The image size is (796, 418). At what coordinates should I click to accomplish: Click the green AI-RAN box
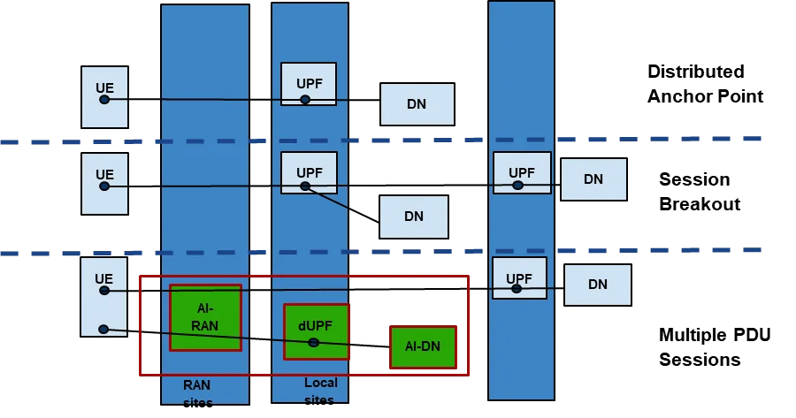(205, 317)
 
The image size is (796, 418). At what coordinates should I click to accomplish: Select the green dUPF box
(316, 331)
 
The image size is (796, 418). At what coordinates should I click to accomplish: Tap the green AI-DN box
(423, 346)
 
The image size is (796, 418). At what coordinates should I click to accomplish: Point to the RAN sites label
(197, 393)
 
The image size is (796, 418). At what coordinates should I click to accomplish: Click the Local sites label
(320, 391)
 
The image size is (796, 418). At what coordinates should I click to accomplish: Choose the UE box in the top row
(104, 96)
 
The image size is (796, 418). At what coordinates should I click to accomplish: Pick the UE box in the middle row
(104, 183)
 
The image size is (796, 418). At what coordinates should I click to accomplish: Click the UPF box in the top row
(309, 84)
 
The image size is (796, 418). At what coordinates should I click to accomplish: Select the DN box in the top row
(417, 104)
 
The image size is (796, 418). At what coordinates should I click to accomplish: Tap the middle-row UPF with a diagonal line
(309, 172)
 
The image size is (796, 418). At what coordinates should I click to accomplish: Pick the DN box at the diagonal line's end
(414, 217)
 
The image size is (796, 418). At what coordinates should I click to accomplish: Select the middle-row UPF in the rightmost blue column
(522, 173)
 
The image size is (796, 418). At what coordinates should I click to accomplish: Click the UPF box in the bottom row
(519, 278)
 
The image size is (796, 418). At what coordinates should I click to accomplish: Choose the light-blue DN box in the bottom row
(598, 285)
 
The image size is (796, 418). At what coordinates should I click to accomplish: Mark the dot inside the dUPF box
(313, 342)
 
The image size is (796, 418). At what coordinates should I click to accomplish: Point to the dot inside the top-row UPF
(305, 100)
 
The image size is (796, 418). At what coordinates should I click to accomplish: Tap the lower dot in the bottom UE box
(103, 330)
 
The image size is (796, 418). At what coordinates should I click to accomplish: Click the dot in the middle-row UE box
(104, 186)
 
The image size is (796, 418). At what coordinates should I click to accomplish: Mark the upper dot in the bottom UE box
(104, 290)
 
